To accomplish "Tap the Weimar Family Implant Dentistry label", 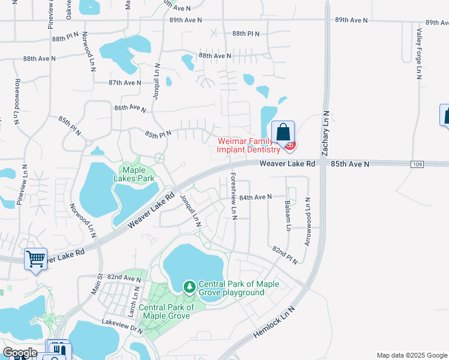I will coord(248,145).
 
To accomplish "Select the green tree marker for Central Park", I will coord(190,287).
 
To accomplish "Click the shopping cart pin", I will coord(35,259).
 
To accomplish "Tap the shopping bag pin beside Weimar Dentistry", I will coord(283,132).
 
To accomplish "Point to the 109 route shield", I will coord(418,164).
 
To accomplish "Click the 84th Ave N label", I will coord(256,196).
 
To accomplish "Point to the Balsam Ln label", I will coord(288,215).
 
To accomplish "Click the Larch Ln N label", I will coord(137,301).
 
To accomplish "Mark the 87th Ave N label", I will coord(125,83).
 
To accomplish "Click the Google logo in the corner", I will coord(20,353).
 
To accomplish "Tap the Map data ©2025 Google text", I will coord(412,355).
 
